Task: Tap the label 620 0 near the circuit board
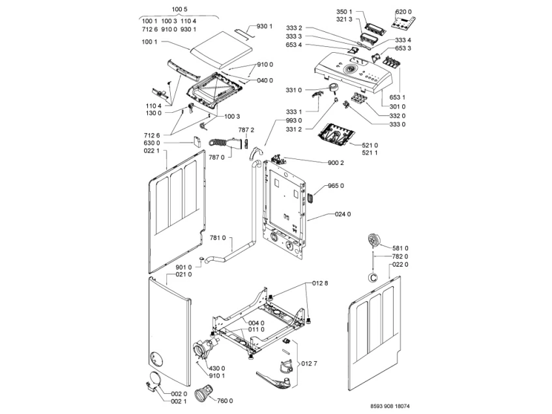pyautogui.click(x=405, y=12)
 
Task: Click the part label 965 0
pyautogui.click(x=336, y=186)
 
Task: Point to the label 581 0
pyautogui.click(x=401, y=248)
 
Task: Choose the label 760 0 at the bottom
pyautogui.click(x=226, y=400)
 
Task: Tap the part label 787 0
pyautogui.click(x=216, y=157)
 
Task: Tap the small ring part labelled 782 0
pyautogui.click(x=372, y=276)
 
